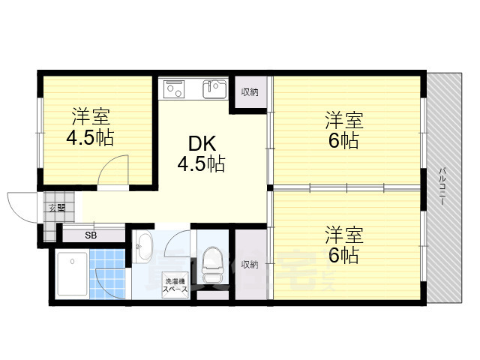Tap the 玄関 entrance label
pos(57,208)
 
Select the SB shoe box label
pos(91,235)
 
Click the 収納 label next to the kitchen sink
pos(250,92)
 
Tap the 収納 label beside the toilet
pos(250,264)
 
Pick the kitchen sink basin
pos(214,88)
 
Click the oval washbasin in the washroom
pos(144,247)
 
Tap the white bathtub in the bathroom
pos(73,274)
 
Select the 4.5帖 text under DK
pos(201,163)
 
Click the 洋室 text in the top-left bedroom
pos(91,118)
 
